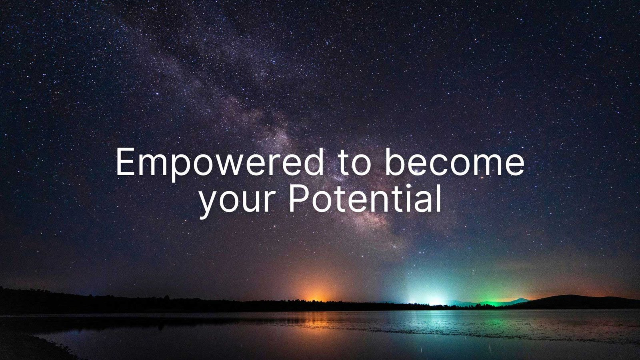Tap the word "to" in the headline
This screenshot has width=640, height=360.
click(x=352, y=163)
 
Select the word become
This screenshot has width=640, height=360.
click(x=454, y=163)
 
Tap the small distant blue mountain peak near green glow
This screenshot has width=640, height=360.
click(x=520, y=300)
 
